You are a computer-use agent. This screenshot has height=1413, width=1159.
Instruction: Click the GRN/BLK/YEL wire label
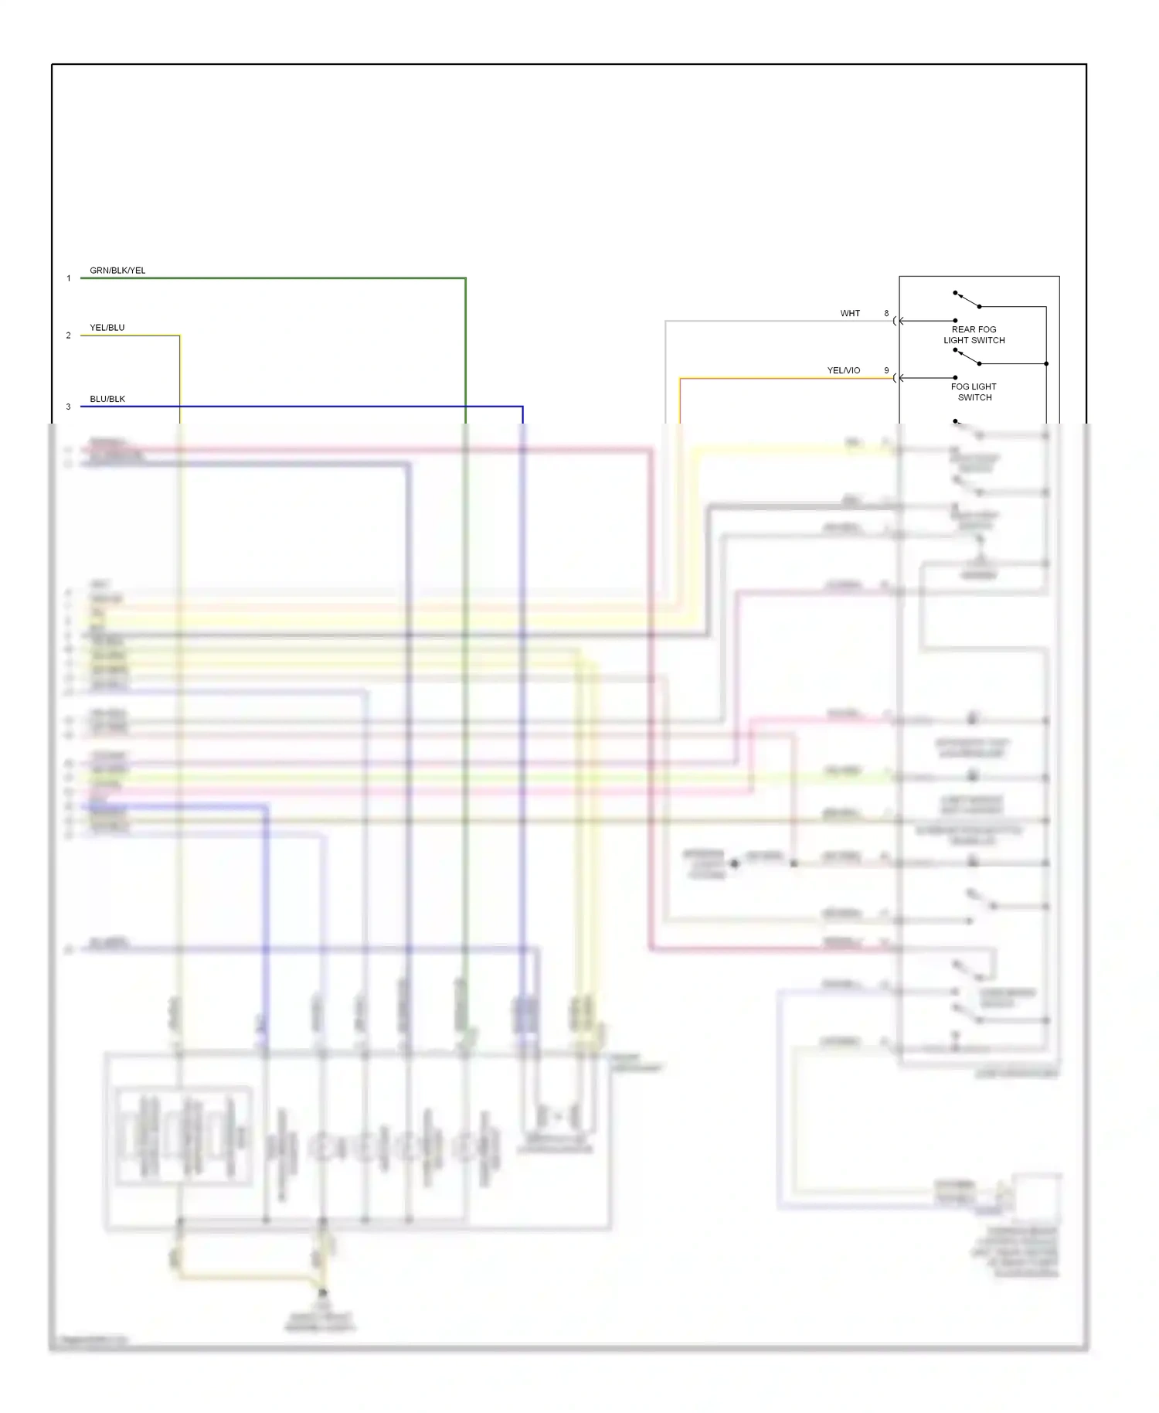117,271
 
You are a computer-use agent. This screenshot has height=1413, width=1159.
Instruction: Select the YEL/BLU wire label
107,328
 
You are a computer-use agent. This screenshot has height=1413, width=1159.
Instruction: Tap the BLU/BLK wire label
107,399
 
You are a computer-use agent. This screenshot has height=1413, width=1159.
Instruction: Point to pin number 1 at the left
69,278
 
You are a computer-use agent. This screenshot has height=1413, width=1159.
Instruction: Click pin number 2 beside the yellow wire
69,335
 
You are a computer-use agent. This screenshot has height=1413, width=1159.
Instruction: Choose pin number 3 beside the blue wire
69,407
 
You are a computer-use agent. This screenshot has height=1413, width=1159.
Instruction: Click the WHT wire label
850,313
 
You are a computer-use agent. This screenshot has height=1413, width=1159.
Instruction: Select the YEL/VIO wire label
843,370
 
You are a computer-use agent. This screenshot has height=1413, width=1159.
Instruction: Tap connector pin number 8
886,313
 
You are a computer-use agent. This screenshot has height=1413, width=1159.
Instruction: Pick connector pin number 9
886,370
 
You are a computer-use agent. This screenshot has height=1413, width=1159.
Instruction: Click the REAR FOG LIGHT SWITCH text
974,335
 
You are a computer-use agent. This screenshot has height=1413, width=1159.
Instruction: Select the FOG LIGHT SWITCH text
974,392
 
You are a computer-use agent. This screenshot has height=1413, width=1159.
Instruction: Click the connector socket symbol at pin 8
896,321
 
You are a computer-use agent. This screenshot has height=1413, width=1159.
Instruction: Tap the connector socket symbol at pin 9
896,378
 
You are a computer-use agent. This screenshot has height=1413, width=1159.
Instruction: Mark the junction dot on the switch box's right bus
1046,363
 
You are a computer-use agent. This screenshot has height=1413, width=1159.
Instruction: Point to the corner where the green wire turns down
465,278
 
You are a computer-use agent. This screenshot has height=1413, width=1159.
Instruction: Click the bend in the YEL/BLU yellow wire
179,335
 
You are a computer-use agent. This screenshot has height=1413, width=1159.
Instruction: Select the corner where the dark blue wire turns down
522,407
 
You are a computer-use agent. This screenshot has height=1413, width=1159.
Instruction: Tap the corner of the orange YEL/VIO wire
680,378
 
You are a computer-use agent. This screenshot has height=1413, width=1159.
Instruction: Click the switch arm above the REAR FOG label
967,300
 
